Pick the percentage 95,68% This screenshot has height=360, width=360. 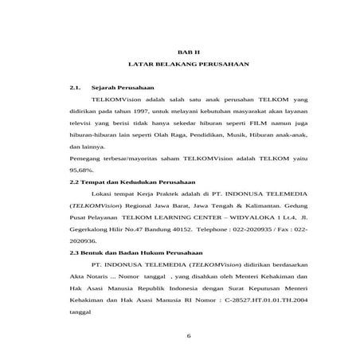coord(82,170)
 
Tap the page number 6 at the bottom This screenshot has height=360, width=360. coord(189,335)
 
